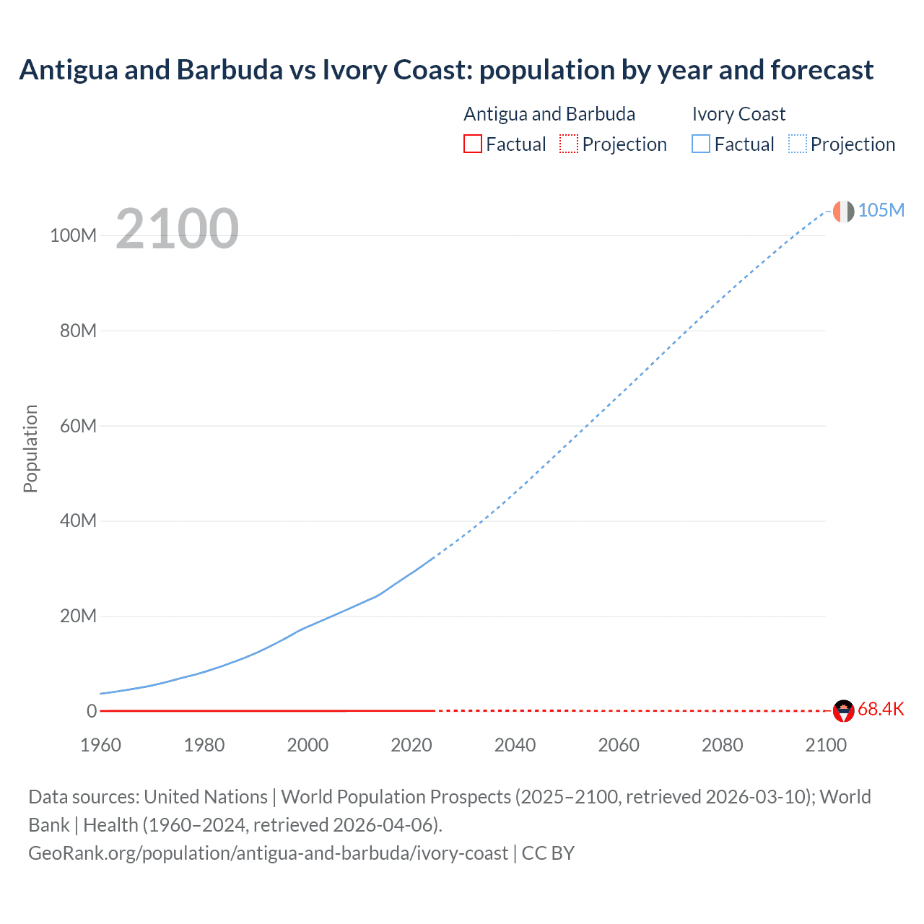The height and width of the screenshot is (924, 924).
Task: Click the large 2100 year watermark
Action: tap(177, 229)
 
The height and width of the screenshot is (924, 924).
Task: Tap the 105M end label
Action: tap(881, 210)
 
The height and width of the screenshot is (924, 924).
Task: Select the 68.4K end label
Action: tap(881, 709)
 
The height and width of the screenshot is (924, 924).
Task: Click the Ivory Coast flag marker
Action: tap(843, 212)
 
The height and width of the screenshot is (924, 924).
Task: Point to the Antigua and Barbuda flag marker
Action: tap(843, 711)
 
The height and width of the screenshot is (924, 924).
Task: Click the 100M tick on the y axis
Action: tap(73, 236)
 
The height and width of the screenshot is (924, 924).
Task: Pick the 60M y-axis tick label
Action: tap(78, 426)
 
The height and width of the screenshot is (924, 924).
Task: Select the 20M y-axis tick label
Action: tap(78, 616)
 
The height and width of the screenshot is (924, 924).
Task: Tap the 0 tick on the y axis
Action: tap(91, 711)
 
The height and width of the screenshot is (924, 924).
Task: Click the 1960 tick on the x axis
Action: tap(101, 745)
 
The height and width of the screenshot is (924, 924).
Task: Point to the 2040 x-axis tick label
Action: tap(515, 745)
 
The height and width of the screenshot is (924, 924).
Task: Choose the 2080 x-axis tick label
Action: tap(722, 745)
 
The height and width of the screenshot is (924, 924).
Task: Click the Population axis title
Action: tap(30, 448)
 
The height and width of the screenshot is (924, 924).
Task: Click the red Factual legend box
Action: tap(473, 144)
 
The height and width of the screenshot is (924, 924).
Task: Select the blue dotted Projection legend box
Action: tap(798, 144)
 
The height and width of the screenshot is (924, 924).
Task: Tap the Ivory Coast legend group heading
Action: tap(738, 114)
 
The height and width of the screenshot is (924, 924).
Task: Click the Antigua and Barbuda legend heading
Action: tap(549, 114)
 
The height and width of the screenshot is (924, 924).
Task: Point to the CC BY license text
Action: tap(548, 853)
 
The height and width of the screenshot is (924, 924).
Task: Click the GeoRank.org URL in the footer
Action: tap(268, 853)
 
